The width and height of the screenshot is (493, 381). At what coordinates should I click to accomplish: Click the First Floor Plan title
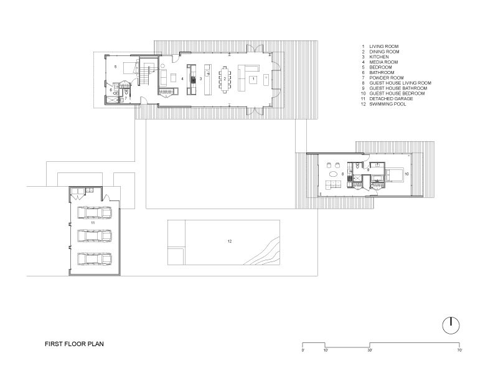[74, 344]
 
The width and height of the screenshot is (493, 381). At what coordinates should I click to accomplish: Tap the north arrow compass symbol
[451, 326]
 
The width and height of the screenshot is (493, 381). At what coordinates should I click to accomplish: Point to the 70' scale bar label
[459, 350]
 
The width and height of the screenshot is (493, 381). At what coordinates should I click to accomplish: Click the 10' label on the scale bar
[326, 350]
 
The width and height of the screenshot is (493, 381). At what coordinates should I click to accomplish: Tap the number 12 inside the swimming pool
[230, 242]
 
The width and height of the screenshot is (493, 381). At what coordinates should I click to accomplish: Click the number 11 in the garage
[93, 223]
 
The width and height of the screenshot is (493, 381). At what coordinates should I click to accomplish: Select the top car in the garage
[95, 212]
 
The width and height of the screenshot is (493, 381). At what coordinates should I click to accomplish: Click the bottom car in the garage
[95, 259]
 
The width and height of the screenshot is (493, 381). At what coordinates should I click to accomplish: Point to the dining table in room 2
[225, 79]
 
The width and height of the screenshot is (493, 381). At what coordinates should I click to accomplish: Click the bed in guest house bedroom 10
[394, 175]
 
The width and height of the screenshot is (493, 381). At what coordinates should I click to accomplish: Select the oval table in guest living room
[333, 174]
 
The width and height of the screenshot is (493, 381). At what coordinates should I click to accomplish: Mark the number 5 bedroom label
[115, 67]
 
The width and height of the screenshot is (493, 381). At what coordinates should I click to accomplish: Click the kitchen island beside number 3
[208, 80]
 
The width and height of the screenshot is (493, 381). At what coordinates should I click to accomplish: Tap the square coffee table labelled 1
[253, 79]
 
